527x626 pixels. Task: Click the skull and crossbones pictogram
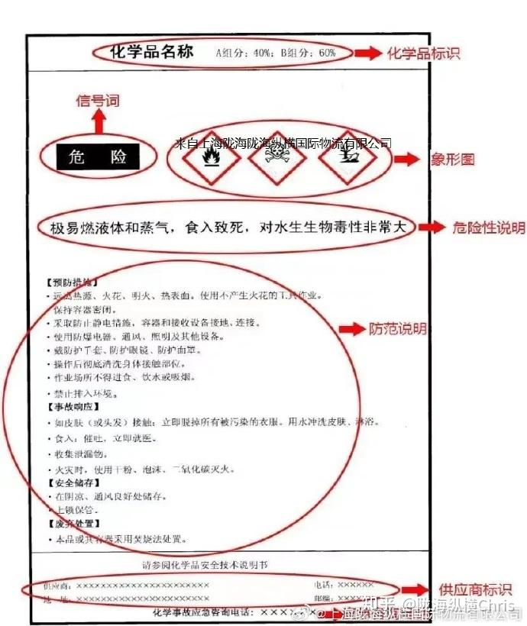pos(276,162)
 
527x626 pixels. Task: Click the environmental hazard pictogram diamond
pos(343,162)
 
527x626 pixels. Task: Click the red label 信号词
pos(99,100)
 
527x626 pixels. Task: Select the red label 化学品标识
pos(424,53)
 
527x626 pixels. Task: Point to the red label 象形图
pos(458,160)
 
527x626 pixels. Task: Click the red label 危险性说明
pos(489,227)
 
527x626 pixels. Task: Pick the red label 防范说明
pos(398,329)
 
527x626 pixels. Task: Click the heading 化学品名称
pos(152,52)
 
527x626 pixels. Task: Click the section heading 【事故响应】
pos(74,408)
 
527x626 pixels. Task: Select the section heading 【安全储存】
pos(74,483)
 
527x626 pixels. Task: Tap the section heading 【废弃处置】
pos(74,524)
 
